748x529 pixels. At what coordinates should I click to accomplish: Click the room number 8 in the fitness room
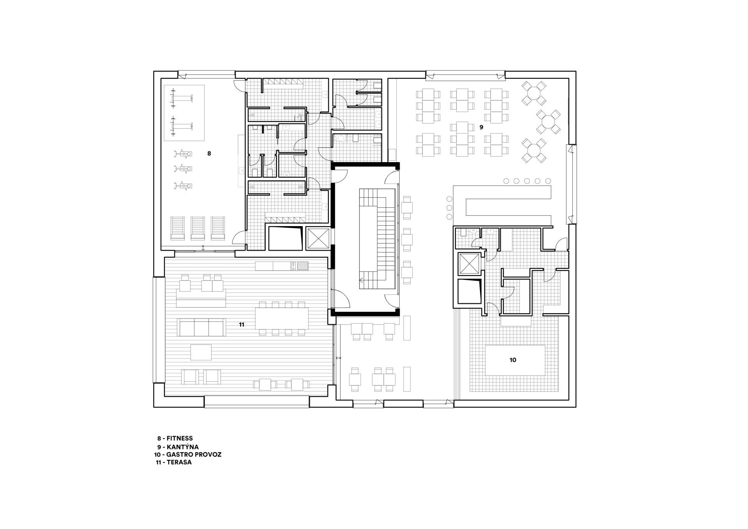[x=209, y=154]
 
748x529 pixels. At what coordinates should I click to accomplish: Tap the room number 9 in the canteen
[x=481, y=127]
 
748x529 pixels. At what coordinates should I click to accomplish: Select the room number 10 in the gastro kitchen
[x=513, y=360]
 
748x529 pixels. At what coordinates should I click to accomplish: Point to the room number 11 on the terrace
[x=242, y=324]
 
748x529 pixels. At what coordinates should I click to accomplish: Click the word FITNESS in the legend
[x=180, y=439]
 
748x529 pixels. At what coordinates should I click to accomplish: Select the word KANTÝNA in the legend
[x=183, y=447]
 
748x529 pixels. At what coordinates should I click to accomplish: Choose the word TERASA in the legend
[x=179, y=463]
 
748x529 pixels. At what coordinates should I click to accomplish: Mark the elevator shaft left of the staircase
[x=318, y=238]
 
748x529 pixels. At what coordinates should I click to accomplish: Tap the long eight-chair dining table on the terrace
[x=282, y=318]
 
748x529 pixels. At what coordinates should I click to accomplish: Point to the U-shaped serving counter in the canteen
[x=503, y=206]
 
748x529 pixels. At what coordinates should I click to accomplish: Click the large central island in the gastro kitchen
[x=515, y=360]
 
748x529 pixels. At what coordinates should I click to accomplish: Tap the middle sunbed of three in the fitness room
[x=198, y=228]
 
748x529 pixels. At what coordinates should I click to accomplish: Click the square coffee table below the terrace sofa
[x=201, y=352]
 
